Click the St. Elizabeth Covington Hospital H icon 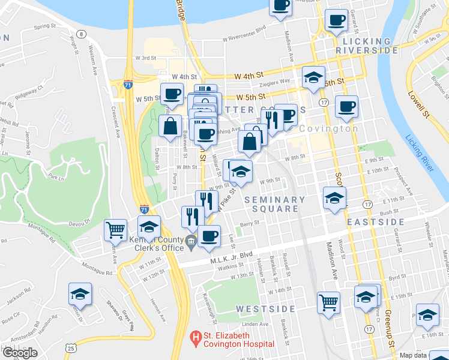[195, 339]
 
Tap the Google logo [20, 353]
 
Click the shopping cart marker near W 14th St [328, 302]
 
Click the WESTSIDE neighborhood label [265, 309]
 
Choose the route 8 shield [81, 34]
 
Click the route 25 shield [71, 347]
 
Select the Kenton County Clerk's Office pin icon [191, 242]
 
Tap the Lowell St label [420, 102]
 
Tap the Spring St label [45, 26]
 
